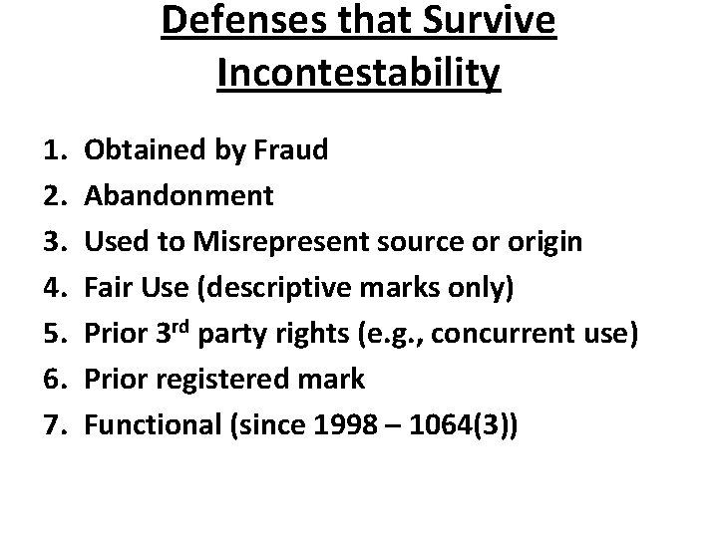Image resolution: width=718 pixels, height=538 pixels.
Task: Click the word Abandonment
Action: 179,195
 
